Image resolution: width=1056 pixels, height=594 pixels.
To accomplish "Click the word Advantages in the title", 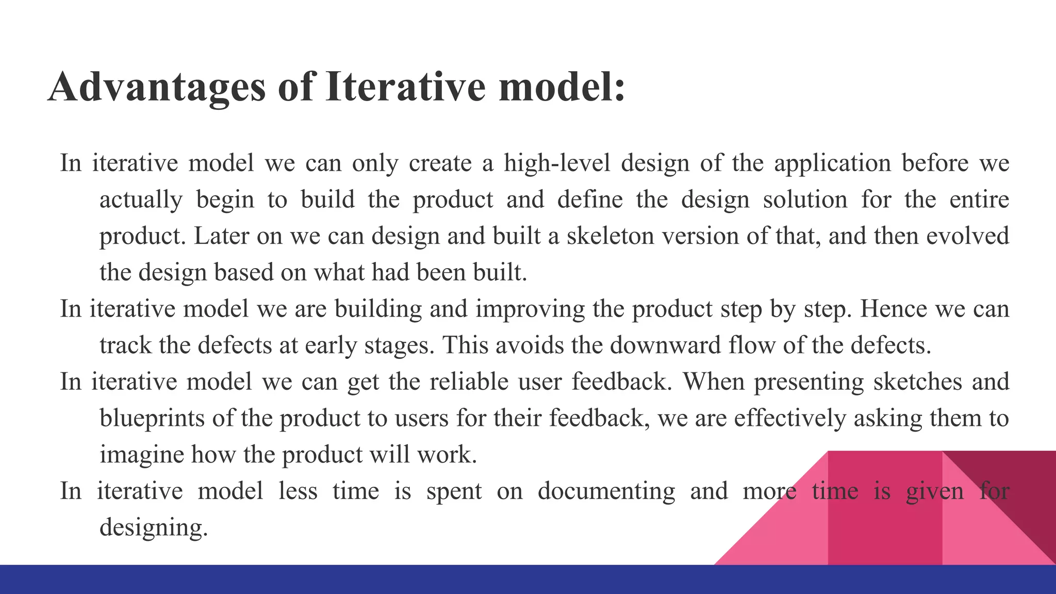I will point(156,87).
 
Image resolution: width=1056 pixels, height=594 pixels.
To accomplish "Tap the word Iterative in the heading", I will point(405,87).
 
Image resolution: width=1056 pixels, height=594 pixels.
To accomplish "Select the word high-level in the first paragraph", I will point(556,163).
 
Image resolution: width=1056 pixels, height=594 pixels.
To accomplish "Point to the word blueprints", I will point(152,418).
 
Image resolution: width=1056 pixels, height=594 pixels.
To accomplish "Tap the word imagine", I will point(141,455).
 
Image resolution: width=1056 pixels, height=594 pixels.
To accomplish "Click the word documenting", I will point(606,491).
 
